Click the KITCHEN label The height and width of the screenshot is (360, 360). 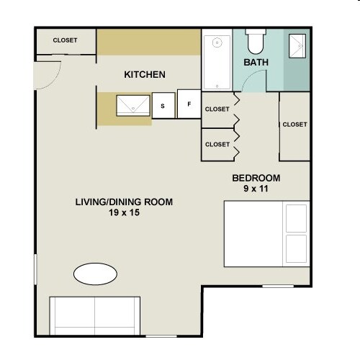pos(145,74)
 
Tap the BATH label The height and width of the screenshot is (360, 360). pos(256,63)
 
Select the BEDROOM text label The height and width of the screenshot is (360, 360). pos(256,178)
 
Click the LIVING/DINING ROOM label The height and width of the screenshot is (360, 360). pos(124,202)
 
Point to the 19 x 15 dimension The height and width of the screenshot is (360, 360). pos(124,213)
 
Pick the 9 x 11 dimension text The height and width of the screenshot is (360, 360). pos(256,189)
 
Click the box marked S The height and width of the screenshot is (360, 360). pos(163,106)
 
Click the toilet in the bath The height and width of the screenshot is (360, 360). pos(256,41)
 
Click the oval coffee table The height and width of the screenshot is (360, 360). pos(95,274)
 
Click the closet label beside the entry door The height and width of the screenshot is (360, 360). pos(65,40)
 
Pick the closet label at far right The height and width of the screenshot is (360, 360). pos(294,125)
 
